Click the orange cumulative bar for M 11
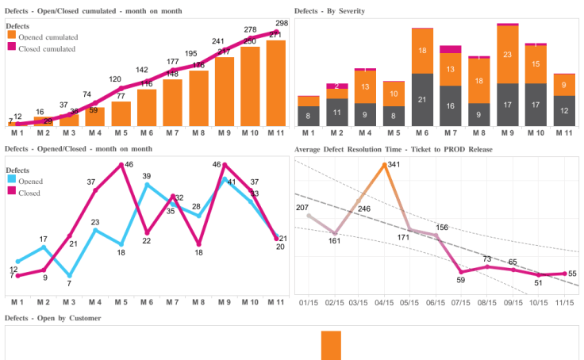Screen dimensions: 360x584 [x=276, y=83]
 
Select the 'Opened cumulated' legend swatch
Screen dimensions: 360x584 [x=10, y=36]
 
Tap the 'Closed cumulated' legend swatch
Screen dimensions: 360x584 [x=10, y=48]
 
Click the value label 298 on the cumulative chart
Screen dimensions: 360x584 [x=281, y=23]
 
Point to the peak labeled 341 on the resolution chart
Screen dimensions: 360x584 [x=384, y=165]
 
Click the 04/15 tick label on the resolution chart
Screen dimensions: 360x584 [x=384, y=302]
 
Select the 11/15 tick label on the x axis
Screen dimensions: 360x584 [x=564, y=302]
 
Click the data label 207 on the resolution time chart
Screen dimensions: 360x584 [x=302, y=208]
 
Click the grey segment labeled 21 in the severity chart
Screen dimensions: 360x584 [x=422, y=100]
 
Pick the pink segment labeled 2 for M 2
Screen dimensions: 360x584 [x=336, y=86]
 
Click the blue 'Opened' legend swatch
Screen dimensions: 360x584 [x=10, y=181]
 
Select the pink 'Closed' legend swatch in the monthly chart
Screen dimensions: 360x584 [x=10, y=192]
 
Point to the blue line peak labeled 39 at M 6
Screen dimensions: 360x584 [x=147, y=184]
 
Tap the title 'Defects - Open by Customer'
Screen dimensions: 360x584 [x=53, y=318]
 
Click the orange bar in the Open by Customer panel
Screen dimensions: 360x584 [x=331, y=346]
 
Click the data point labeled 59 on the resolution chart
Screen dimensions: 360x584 [x=461, y=271]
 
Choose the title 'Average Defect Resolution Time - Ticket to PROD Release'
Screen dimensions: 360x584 [x=393, y=149]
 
